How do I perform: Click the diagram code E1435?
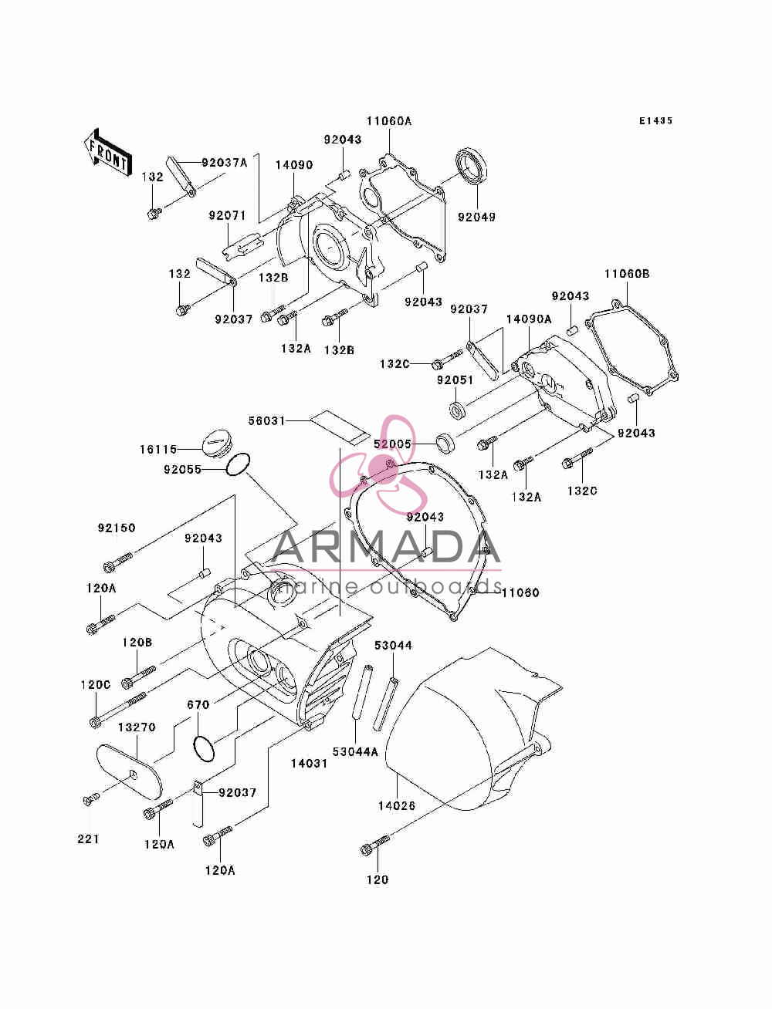click(x=655, y=120)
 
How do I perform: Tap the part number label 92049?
click(x=476, y=217)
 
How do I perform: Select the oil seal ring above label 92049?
click(x=471, y=166)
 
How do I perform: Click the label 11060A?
click(x=389, y=121)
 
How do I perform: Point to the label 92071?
click(x=227, y=215)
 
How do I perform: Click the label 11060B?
click(x=627, y=274)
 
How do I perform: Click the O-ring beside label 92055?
click(x=238, y=464)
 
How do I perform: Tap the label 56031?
click(x=267, y=420)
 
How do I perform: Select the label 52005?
click(x=392, y=444)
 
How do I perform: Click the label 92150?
click(x=117, y=528)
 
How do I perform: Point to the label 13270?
click(x=137, y=727)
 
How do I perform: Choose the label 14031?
click(x=309, y=764)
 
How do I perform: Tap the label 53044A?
click(x=354, y=751)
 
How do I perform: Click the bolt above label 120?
click(x=375, y=844)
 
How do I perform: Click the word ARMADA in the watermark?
click(x=385, y=547)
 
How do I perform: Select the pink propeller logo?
click(x=380, y=465)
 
